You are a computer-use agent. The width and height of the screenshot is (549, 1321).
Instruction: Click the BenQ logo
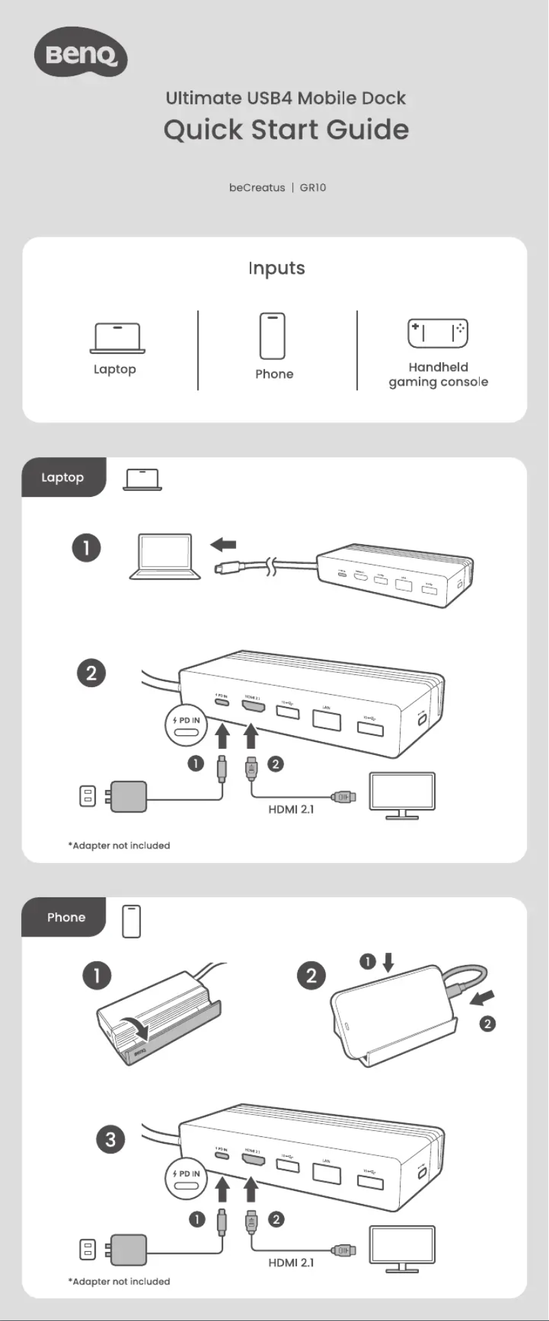coord(81,52)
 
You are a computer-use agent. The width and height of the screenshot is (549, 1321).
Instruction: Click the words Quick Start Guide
coord(286,129)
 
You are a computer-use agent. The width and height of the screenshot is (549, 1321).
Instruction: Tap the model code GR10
coord(313,188)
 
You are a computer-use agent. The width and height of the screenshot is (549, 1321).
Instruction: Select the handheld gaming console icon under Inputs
coord(438,333)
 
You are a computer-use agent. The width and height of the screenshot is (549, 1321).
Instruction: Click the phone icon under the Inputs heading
coord(272,335)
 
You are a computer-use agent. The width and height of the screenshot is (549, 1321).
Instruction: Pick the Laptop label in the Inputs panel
coord(115,370)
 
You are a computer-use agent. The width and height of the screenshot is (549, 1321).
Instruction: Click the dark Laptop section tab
coord(63,477)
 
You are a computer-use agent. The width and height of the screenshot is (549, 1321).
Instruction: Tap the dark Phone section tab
coord(66,917)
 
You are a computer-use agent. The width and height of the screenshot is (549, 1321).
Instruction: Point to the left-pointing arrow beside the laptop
coord(223,545)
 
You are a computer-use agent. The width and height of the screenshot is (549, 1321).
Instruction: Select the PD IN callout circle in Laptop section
coord(186,725)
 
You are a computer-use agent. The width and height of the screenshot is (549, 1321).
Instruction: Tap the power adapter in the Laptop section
coord(129,796)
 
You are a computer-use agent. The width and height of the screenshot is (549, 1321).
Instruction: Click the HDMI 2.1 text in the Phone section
coord(291,1262)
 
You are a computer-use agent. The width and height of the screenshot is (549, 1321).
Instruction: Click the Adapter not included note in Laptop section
coord(119,845)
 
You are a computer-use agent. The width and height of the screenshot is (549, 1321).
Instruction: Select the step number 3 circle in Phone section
coord(111,1140)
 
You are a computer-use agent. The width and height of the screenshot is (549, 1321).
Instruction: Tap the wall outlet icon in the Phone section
coord(88,1249)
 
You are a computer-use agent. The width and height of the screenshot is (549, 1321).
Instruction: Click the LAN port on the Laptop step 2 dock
coord(327,718)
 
